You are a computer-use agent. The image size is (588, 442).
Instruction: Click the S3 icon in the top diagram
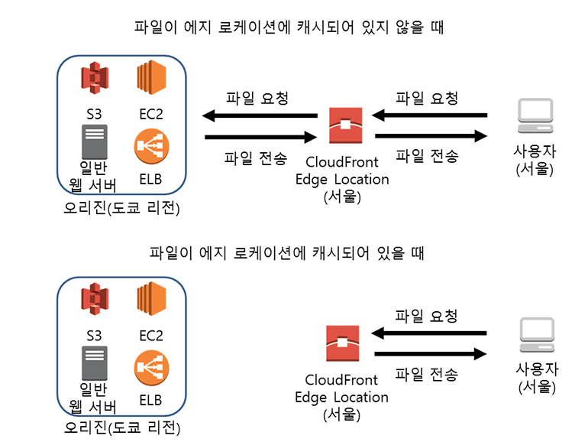tap(95, 80)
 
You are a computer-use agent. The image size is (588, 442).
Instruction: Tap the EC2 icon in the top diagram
tap(150, 80)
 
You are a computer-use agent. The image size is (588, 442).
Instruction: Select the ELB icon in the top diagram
tap(150, 146)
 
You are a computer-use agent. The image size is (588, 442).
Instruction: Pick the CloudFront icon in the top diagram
tap(346, 126)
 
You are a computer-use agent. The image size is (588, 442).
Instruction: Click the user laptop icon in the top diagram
tap(535, 115)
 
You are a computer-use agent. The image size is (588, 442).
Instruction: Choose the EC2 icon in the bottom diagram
tap(150, 300)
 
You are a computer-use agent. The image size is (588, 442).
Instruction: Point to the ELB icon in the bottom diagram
tap(150, 366)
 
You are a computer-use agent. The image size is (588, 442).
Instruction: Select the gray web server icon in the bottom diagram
tap(95, 362)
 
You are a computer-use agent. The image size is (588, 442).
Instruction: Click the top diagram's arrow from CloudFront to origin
tap(260, 116)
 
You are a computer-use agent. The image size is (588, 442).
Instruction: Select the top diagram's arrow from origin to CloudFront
tap(260, 138)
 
